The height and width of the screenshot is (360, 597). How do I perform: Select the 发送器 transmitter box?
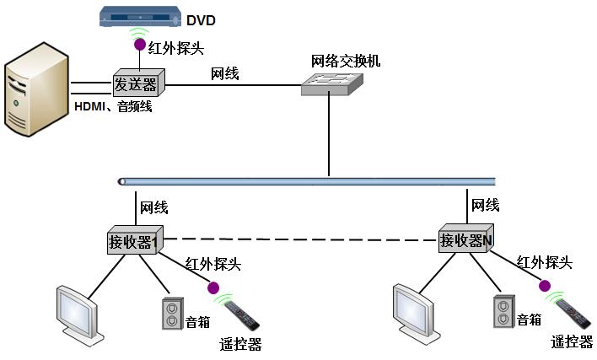(137, 83)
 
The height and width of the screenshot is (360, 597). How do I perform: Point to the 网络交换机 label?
(346, 61)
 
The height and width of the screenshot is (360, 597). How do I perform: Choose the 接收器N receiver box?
(466, 239)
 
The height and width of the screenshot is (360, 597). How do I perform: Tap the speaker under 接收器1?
(171, 313)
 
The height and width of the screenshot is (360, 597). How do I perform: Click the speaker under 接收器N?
(503, 311)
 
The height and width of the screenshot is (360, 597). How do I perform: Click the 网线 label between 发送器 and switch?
(224, 74)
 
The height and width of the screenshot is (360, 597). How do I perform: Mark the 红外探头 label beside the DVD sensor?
(176, 46)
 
